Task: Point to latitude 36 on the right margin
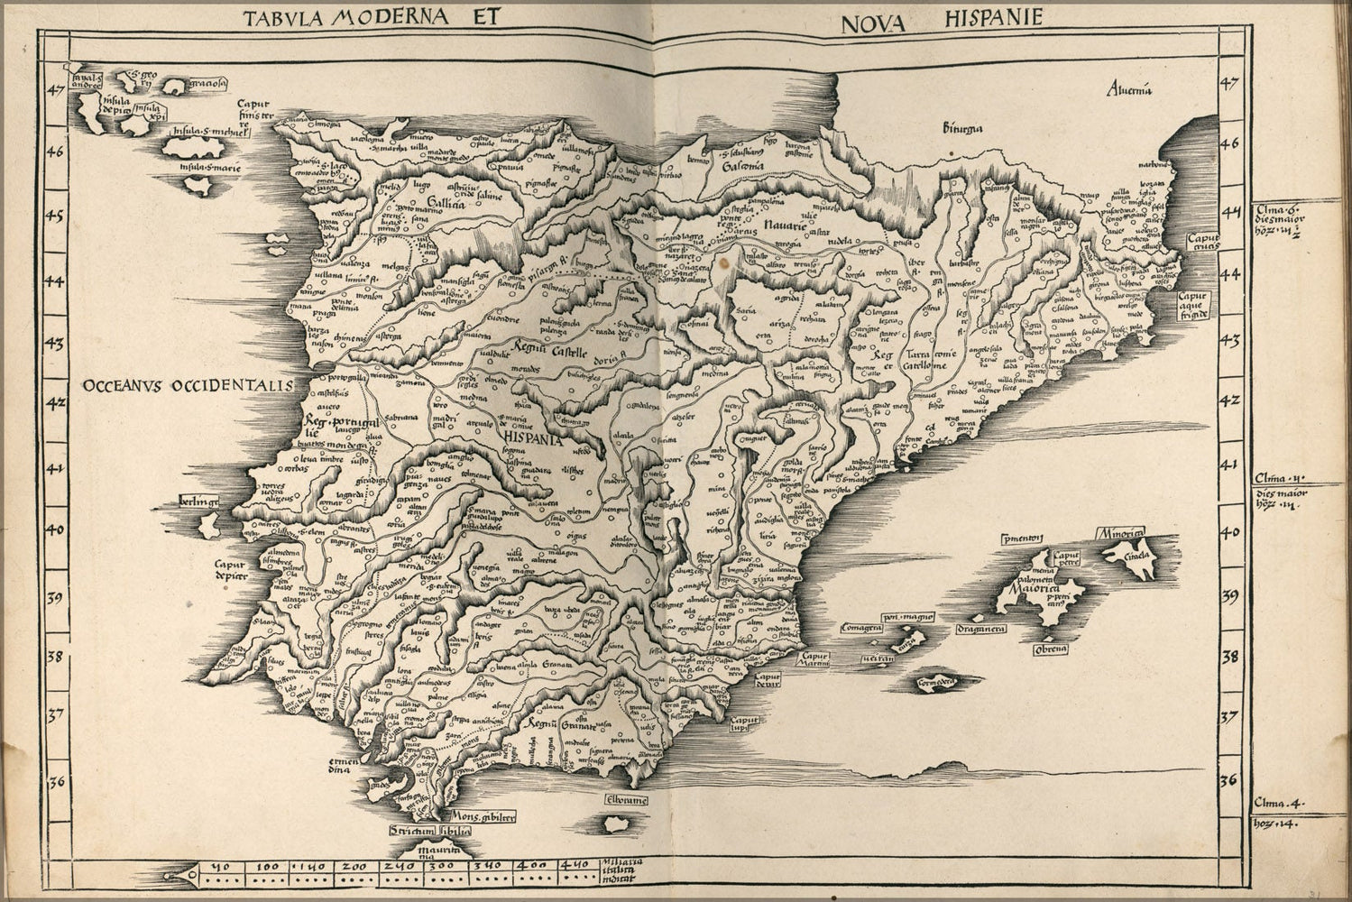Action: pyautogui.click(x=1229, y=781)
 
